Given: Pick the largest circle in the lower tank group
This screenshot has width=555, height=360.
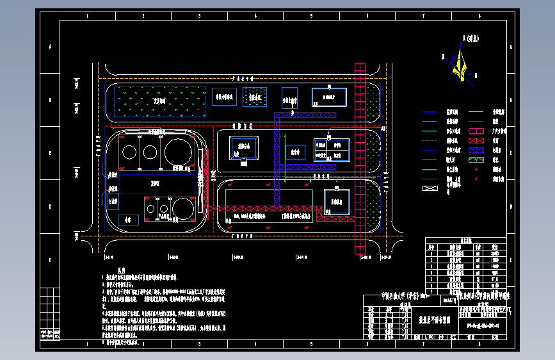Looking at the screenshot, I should coord(181,208).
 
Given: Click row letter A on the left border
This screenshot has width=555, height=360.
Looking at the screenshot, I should coord(49,47).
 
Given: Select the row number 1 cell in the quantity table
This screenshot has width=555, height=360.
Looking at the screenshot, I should coord(432,253).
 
